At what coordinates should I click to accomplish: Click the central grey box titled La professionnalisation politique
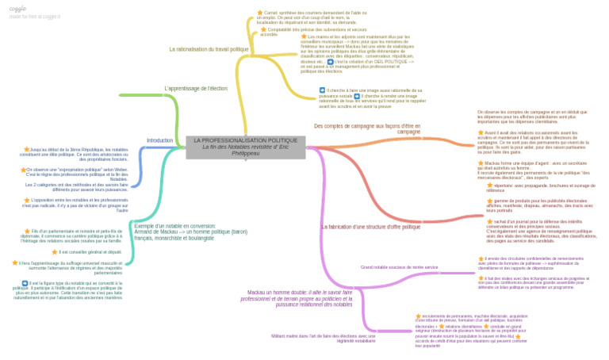[x=245, y=147]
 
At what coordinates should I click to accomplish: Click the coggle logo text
[x=17, y=8]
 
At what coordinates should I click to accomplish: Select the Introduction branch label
[x=159, y=140]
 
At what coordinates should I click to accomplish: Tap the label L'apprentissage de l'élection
[x=196, y=88]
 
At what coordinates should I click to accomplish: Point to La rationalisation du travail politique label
[x=209, y=49]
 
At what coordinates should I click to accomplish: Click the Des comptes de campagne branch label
[x=367, y=128]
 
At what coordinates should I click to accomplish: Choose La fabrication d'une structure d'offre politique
[x=370, y=227]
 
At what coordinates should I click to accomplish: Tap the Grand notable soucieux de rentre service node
[x=399, y=267]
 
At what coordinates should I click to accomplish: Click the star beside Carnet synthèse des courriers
[x=259, y=13]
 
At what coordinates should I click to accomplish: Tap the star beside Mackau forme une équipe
[x=481, y=164]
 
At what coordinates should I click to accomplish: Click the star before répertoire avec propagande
[x=489, y=186]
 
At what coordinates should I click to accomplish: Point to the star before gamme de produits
[x=488, y=201]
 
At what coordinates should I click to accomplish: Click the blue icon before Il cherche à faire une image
[x=322, y=90]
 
